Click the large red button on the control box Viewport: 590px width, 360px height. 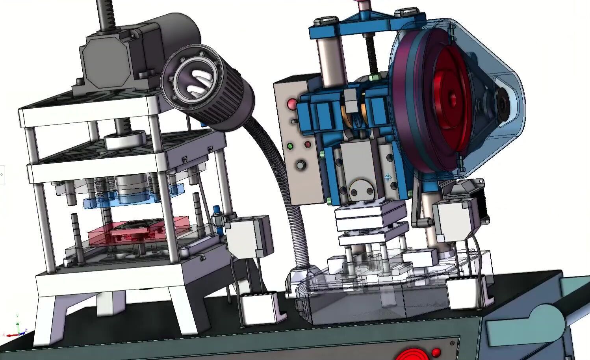tap(292, 104)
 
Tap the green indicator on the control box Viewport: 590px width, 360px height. tap(291, 146)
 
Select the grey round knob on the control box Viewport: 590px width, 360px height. tap(301, 165)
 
